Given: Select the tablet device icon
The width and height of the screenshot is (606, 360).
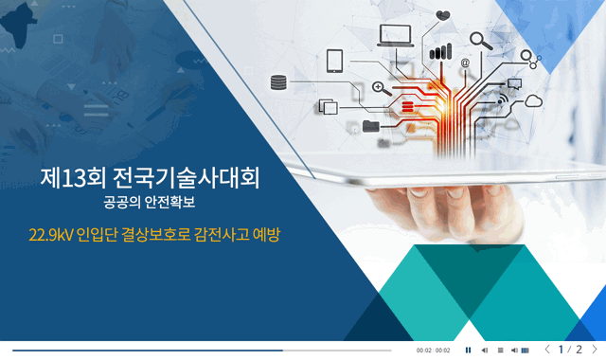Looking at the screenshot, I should coord(334,60).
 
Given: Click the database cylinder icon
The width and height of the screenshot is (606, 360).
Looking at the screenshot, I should coord(278,82).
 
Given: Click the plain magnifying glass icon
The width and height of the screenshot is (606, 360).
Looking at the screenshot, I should coord(480,41).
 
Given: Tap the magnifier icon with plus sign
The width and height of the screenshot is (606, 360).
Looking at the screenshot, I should coord(379,88).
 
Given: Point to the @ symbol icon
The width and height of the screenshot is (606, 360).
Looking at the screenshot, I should coord(465,64).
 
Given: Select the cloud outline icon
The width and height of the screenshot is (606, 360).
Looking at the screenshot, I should coord(534,100).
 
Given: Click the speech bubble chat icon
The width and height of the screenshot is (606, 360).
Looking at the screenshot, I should coord(515,83).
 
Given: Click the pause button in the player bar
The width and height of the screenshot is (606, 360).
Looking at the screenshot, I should coord(468,350).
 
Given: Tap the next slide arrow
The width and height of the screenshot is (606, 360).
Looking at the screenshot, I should coord(595,350).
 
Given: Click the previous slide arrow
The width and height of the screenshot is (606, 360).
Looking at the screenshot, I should coord(547,350).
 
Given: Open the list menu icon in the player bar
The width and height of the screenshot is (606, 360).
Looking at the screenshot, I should coord(500,350).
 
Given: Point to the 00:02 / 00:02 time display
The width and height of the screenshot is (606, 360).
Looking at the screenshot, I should coord(433,351).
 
